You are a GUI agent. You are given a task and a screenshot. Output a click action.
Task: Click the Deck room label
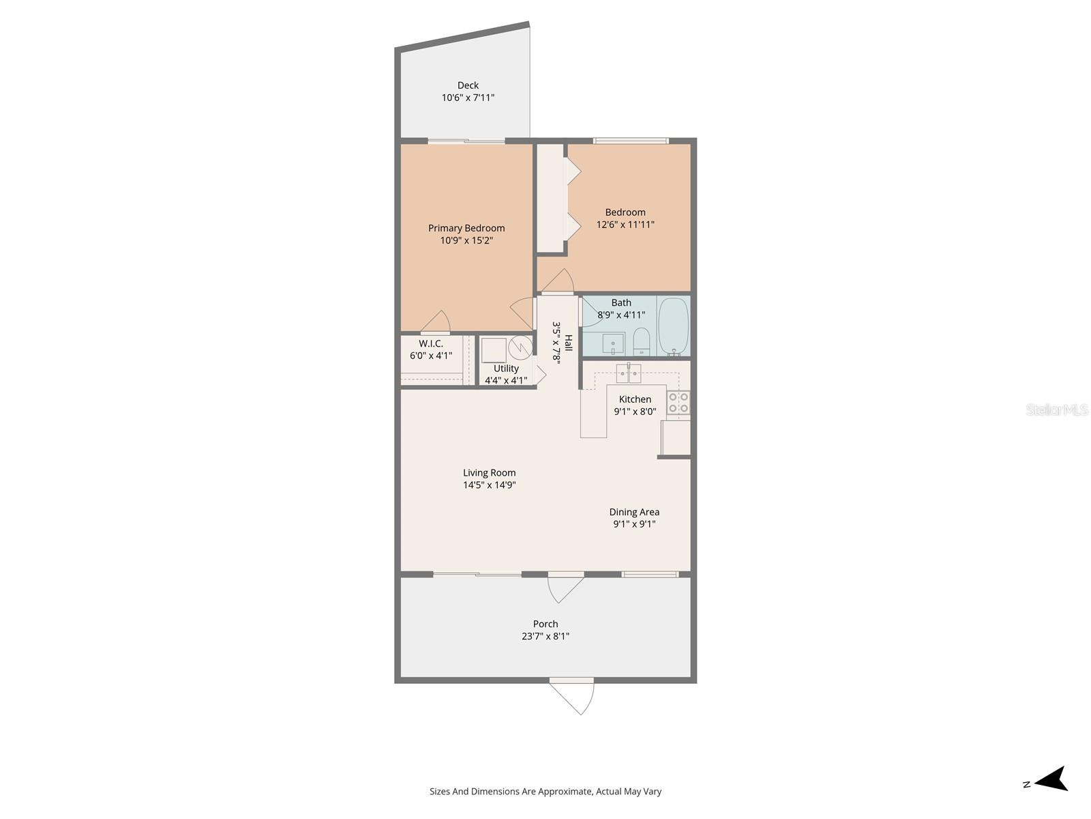pyautogui.click(x=468, y=85)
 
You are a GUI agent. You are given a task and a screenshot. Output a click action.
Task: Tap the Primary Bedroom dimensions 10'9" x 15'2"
pyautogui.click(x=466, y=240)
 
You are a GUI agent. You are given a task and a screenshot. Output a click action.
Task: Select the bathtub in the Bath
pyautogui.click(x=674, y=326)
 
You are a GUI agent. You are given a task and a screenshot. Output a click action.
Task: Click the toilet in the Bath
pyautogui.click(x=642, y=341)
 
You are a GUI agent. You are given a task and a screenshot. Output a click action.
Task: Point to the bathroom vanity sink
pyautogui.click(x=613, y=343)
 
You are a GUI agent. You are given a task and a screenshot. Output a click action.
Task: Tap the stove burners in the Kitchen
pyautogui.click(x=678, y=403)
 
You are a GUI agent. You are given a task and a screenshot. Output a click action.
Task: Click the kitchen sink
pyautogui.click(x=629, y=373)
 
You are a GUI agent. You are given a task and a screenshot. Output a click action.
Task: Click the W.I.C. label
pyautogui.click(x=431, y=343)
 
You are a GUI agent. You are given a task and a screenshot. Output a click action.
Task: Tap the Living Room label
pyautogui.click(x=490, y=472)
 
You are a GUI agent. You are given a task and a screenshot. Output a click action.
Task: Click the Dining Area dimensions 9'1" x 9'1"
pyautogui.click(x=634, y=524)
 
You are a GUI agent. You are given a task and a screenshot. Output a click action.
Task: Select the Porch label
pyautogui.click(x=545, y=624)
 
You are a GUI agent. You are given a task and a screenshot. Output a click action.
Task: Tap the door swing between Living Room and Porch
pyautogui.click(x=565, y=587)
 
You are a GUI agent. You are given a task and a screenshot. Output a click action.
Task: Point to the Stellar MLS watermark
pyautogui.click(x=1057, y=409)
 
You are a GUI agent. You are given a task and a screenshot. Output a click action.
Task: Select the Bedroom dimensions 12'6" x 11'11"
pyautogui.click(x=625, y=224)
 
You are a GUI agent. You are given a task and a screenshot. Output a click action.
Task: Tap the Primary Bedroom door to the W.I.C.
pyautogui.click(x=437, y=322)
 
